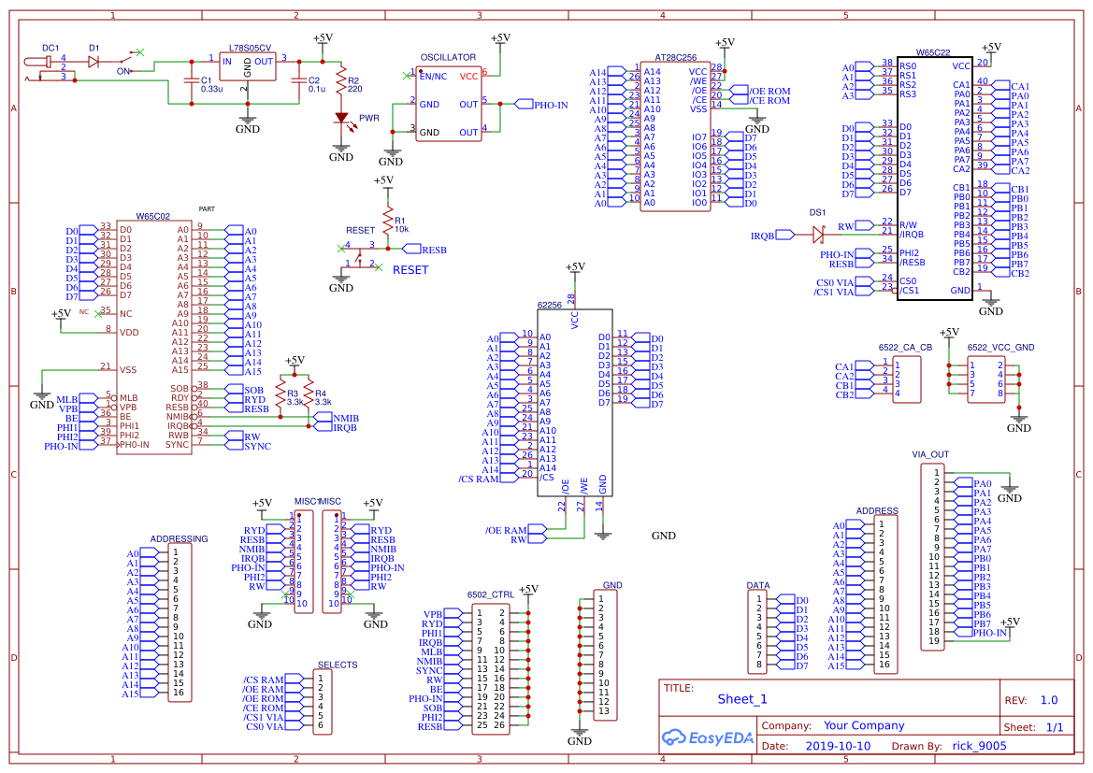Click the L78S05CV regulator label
(x=250, y=48)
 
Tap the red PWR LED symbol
(x=341, y=119)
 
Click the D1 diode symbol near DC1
(x=93, y=62)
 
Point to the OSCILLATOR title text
(x=448, y=58)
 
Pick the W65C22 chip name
(x=933, y=53)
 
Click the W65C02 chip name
(x=152, y=216)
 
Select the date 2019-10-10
(x=837, y=746)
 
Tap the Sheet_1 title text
(x=741, y=698)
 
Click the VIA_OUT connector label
(x=930, y=454)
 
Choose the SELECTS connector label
(x=337, y=665)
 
